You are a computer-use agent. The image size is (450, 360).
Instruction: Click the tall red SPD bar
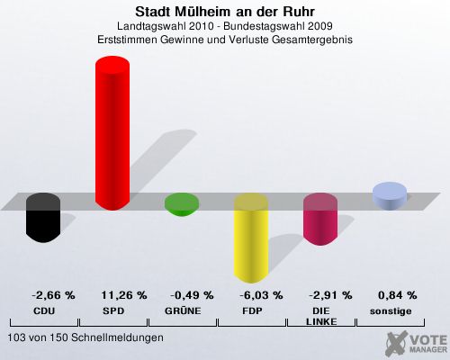coord(112,133)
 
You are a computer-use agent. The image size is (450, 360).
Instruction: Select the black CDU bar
coord(43,218)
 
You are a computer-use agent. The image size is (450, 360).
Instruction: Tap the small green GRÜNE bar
coord(182,204)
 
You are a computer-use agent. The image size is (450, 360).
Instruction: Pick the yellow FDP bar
coord(251,238)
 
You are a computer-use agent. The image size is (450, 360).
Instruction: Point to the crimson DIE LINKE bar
coord(320,220)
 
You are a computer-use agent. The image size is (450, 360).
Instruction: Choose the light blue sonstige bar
coord(390,196)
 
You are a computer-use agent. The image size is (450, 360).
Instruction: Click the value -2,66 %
coord(53,295)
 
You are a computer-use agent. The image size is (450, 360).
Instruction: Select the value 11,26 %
coord(124,295)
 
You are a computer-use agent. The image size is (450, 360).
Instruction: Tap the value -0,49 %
coord(192,295)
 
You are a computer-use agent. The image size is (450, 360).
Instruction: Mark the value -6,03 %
coord(261,295)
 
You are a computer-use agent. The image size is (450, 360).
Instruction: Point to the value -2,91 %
coord(330,295)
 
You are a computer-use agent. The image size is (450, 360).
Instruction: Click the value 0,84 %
coord(398,295)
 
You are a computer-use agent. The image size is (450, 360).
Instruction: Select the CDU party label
coord(44,311)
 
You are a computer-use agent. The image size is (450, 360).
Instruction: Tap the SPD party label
coord(113,311)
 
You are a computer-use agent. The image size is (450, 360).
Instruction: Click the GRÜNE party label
coord(183,310)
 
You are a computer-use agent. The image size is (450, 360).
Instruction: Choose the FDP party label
coord(252,311)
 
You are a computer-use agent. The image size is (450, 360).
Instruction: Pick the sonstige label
coord(391,311)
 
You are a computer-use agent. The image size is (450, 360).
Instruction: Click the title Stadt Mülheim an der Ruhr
coord(225,12)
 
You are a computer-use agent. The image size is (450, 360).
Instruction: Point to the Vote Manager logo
coord(416,344)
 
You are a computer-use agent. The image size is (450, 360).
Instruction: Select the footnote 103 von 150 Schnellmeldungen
coord(85,337)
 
